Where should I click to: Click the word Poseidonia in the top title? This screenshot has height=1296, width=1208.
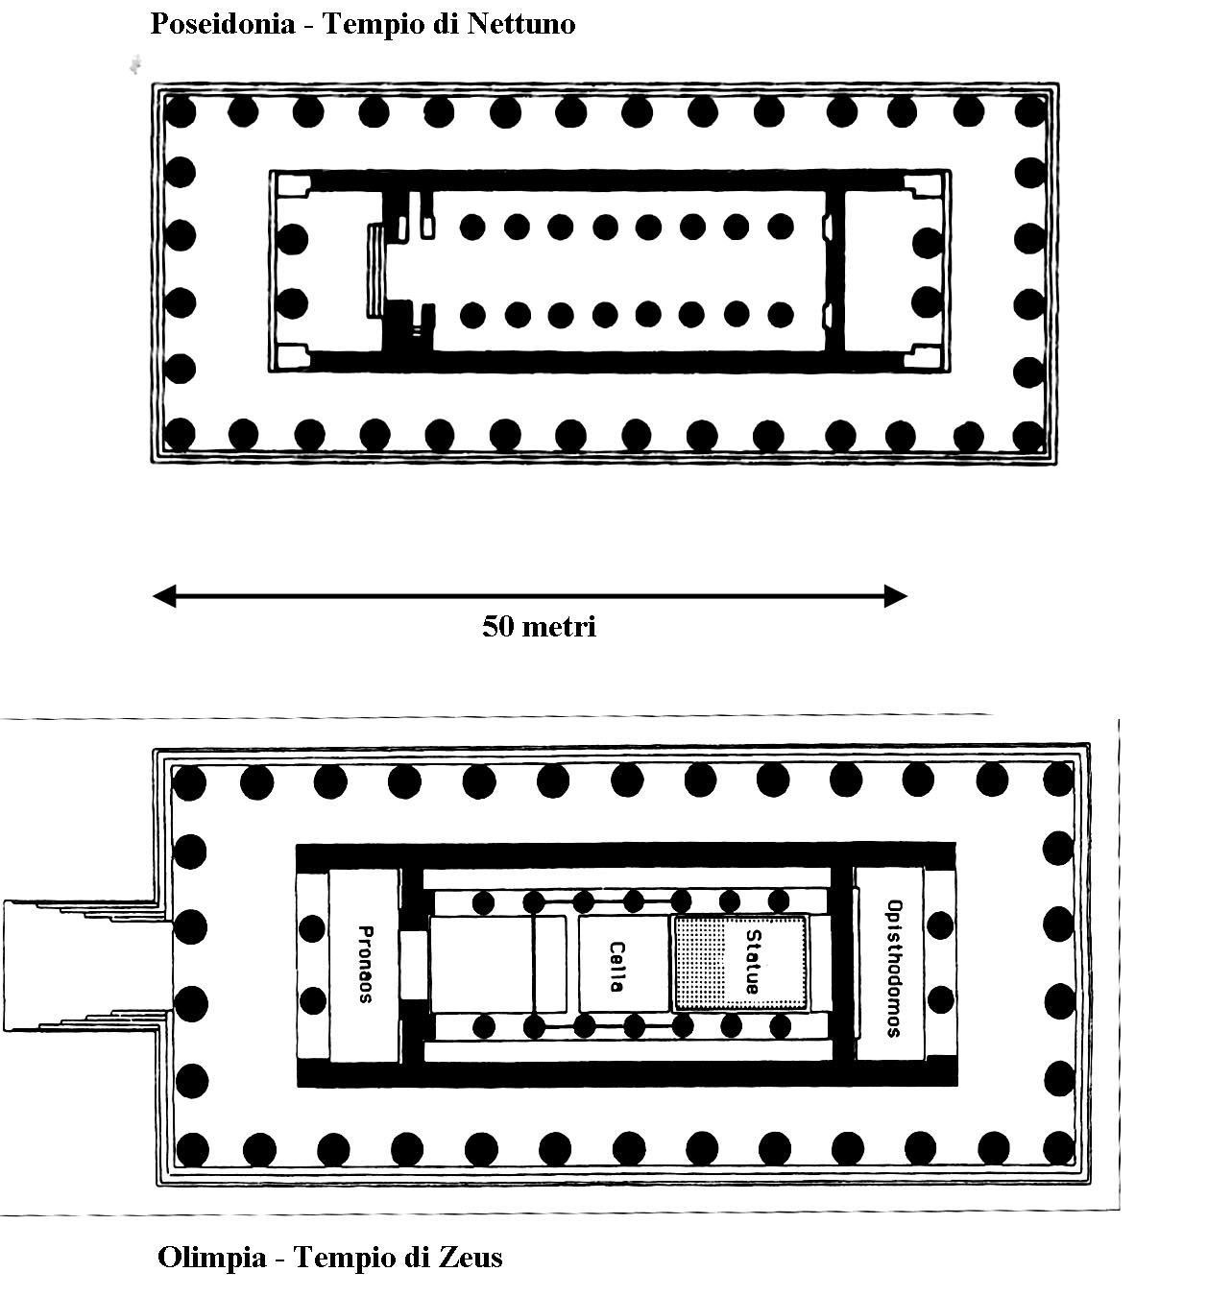pyautogui.click(x=223, y=25)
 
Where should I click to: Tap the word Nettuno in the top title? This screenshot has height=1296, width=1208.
pyautogui.click(x=521, y=24)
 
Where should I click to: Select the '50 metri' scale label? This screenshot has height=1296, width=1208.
pyautogui.click(x=539, y=626)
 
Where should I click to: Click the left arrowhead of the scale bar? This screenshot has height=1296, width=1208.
pyautogui.click(x=164, y=595)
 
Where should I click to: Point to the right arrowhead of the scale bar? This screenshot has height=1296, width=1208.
pyautogui.click(x=895, y=595)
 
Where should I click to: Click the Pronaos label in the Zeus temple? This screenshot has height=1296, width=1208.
pyautogui.click(x=366, y=965)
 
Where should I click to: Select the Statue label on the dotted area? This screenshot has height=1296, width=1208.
pyautogui.click(x=753, y=961)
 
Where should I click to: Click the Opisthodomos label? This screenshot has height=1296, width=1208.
pyautogui.click(x=894, y=969)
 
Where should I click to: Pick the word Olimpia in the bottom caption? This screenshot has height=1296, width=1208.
pyautogui.click(x=212, y=1257)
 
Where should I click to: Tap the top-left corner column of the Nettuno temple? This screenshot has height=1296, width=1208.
pyautogui.click(x=180, y=111)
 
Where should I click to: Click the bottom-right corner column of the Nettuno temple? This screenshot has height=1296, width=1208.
pyautogui.click(x=1029, y=436)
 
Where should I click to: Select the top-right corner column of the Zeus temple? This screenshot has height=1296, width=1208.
pyautogui.click(x=1058, y=780)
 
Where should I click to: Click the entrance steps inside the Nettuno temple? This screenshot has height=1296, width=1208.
pyautogui.click(x=376, y=270)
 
